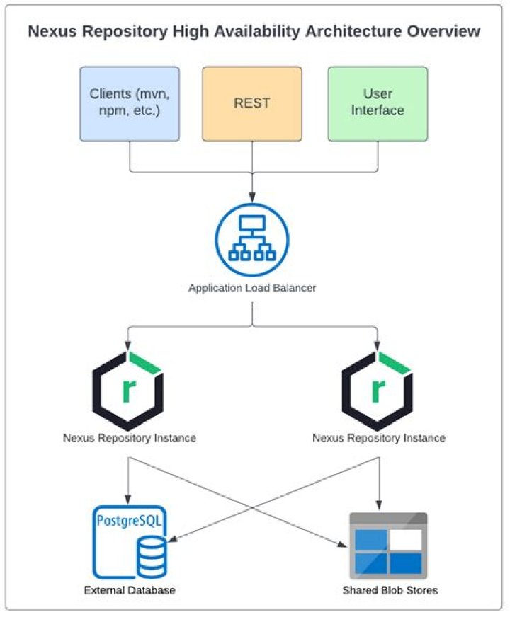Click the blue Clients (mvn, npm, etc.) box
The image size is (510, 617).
(x=129, y=103)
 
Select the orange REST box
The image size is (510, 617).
(x=252, y=103)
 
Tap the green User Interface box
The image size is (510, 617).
(x=378, y=103)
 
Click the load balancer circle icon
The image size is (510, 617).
(x=252, y=238)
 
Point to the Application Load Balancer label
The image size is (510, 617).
(x=252, y=288)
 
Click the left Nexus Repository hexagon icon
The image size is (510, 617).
(x=129, y=386)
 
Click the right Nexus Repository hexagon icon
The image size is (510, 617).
(x=378, y=386)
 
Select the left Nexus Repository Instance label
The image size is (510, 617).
(x=129, y=438)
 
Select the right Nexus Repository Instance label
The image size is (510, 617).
(x=378, y=438)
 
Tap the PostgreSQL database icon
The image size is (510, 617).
(x=129, y=542)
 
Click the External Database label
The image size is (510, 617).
(x=129, y=590)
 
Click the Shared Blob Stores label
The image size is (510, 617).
(x=390, y=590)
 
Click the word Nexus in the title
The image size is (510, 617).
(x=52, y=32)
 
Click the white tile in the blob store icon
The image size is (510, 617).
(x=406, y=539)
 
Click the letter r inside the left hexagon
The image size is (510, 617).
(x=129, y=389)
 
